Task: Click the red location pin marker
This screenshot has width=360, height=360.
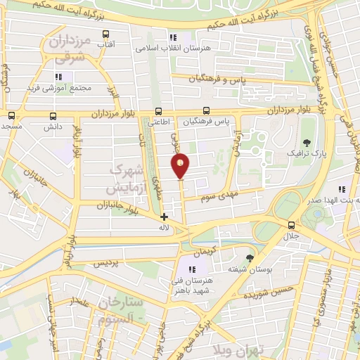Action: pos(181,166)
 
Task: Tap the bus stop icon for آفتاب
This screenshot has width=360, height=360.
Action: pos(105,34)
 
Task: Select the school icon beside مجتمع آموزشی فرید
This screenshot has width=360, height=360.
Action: pos(58,76)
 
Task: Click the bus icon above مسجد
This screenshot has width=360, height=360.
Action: pos(11,116)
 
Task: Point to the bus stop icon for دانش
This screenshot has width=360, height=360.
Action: pos(53,117)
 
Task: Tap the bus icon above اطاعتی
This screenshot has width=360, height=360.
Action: pos(159,111)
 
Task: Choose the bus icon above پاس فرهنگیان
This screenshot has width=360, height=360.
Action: pos(206,111)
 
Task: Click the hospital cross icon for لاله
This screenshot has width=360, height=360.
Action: pos(165,217)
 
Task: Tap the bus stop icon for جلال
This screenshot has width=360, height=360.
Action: pos(291,224)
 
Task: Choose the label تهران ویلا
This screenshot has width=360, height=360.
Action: pos(239,349)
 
